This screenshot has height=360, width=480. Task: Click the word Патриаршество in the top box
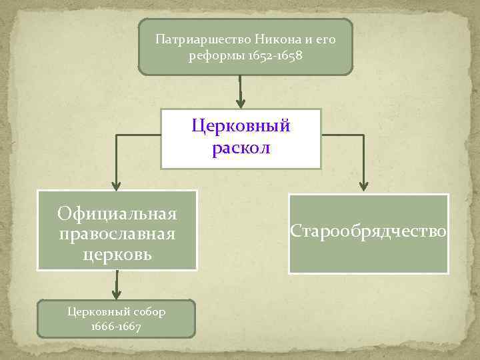pos(193,39)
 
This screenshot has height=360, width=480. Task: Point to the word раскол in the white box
pos(241,148)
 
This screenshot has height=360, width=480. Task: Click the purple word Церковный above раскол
pos(241,125)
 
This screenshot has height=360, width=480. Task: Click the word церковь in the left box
pos(117,254)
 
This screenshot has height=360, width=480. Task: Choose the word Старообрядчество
pos(369,231)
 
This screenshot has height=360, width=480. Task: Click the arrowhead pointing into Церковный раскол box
pos(241,101)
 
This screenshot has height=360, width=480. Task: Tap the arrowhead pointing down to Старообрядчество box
pos(364,187)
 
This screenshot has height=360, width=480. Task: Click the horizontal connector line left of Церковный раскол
pos(139,135)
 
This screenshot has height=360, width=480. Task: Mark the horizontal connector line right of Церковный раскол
pos(343,135)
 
